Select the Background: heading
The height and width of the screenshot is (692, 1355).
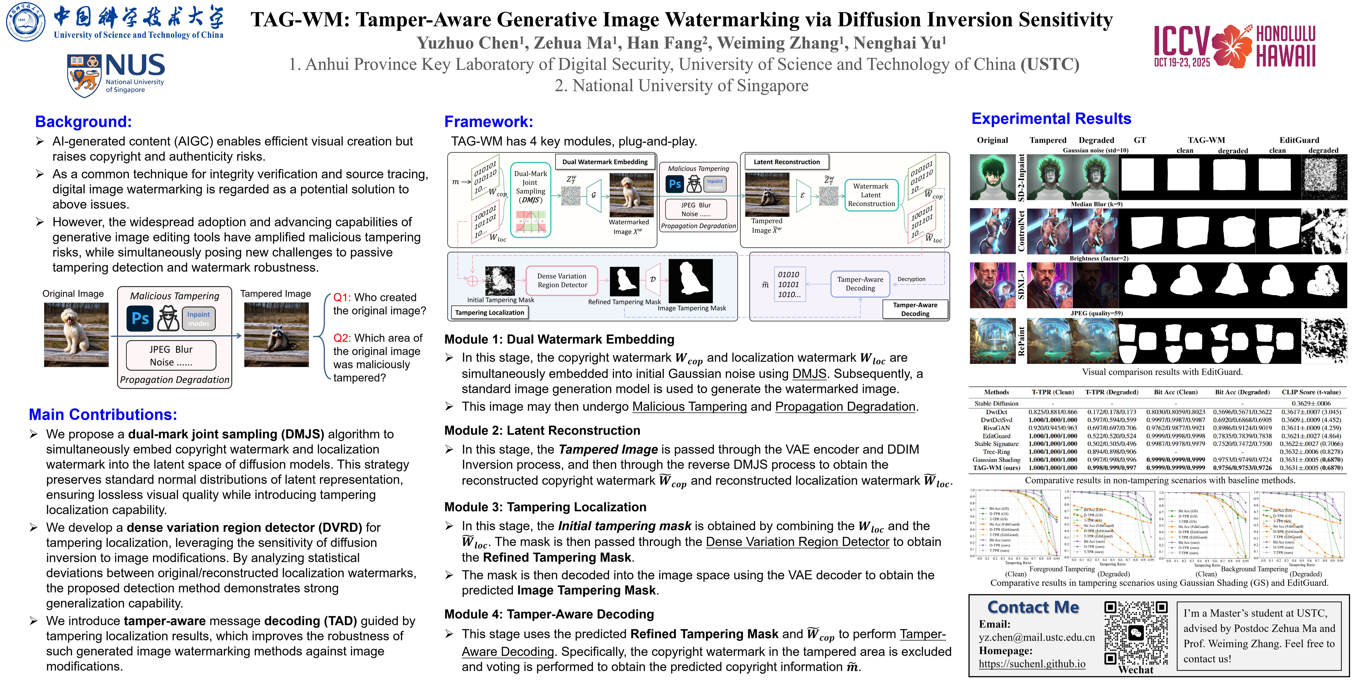pyautogui.click(x=83, y=121)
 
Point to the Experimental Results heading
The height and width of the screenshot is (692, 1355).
pyautogui.click(x=1051, y=119)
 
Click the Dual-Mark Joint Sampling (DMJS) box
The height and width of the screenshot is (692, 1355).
pyautogui.click(x=530, y=200)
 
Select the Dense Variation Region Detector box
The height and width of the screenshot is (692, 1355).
pyautogui.click(x=562, y=281)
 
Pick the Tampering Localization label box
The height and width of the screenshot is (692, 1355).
pyautogui.click(x=489, y=312)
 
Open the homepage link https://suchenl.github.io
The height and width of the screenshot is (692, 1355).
pyautogui.click(x=1032, y=664)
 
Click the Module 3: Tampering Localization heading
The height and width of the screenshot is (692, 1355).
pyautogui.click(x=545, y=507)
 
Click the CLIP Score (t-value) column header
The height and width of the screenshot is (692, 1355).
pyautogui.click(x=1311, y=392)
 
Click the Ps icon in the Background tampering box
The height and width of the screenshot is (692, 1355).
pyautogui.click(x=140, y=319)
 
